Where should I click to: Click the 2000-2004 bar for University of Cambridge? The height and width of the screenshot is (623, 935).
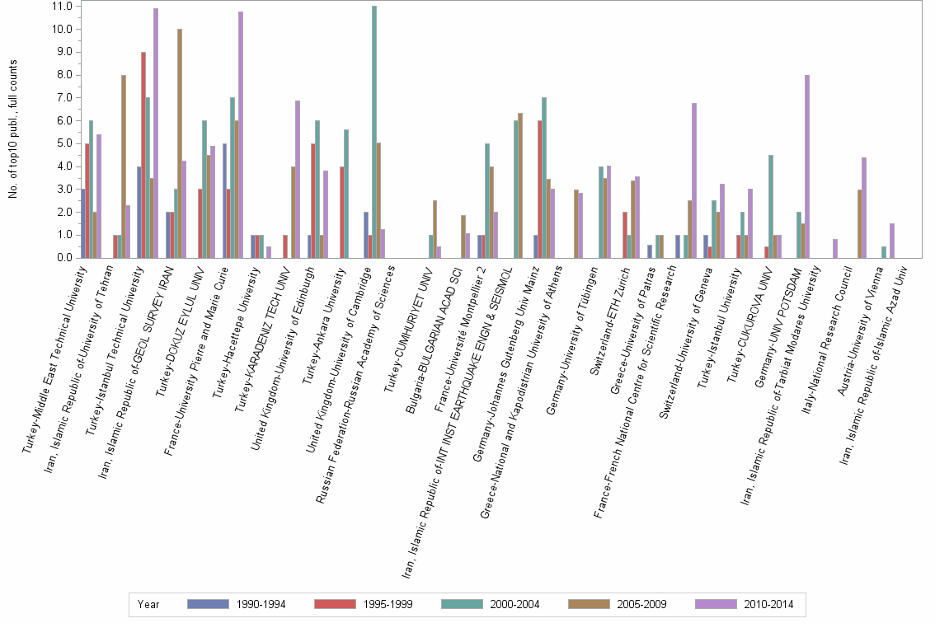point(374,132)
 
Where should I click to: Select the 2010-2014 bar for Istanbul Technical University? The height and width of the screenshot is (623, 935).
point(156,133)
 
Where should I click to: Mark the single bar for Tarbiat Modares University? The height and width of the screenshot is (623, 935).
point(835,248)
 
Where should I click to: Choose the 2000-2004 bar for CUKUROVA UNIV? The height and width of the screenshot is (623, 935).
point(770,206)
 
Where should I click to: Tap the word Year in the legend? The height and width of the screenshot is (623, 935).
point(149,604)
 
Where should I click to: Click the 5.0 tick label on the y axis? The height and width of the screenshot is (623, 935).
point(63,143)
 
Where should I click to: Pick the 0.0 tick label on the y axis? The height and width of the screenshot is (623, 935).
point(63,258)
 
